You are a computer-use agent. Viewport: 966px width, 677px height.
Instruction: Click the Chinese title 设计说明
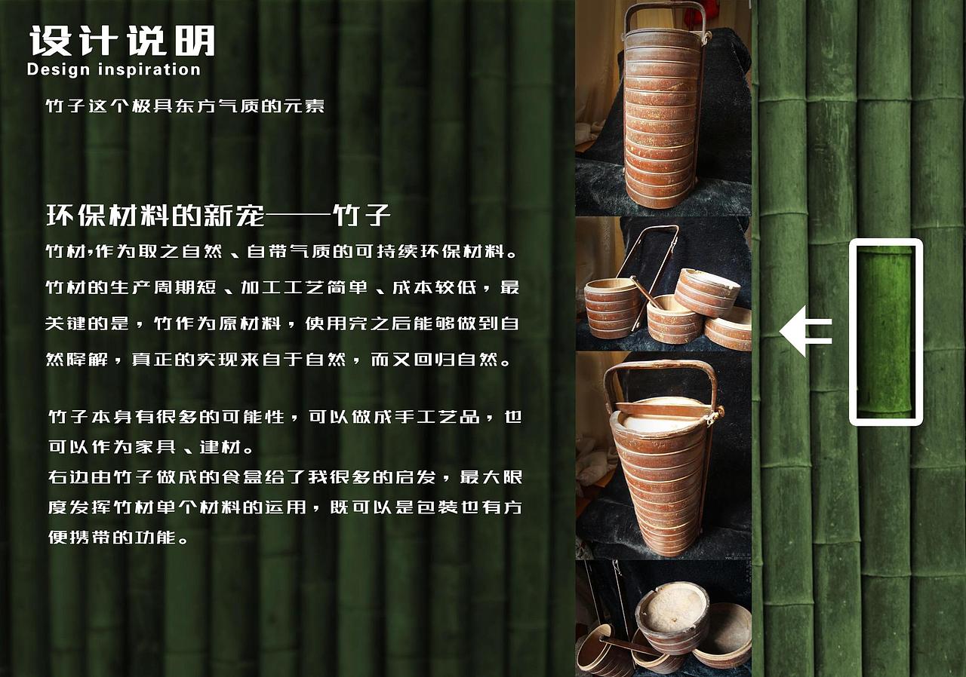point(122,41)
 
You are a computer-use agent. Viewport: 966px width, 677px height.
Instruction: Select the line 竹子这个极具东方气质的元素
point(185,106)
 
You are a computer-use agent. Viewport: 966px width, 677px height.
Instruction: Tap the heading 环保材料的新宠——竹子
point(218,216)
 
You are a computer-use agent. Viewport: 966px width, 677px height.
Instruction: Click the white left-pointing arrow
point(804,331)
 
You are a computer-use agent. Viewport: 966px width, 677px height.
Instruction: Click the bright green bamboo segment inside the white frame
point(885,331)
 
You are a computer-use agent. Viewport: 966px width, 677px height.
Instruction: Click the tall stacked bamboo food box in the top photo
point(662,121)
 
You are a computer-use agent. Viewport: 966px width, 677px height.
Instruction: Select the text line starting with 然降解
point(278,360)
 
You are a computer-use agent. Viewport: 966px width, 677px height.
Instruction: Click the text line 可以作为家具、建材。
point(150,447)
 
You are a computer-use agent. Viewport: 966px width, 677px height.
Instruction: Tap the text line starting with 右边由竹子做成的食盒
point(285,477)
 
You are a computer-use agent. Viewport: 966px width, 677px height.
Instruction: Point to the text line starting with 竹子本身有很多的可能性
point(285,417)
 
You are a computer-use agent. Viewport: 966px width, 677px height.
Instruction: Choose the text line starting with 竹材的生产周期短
point(281,287)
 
